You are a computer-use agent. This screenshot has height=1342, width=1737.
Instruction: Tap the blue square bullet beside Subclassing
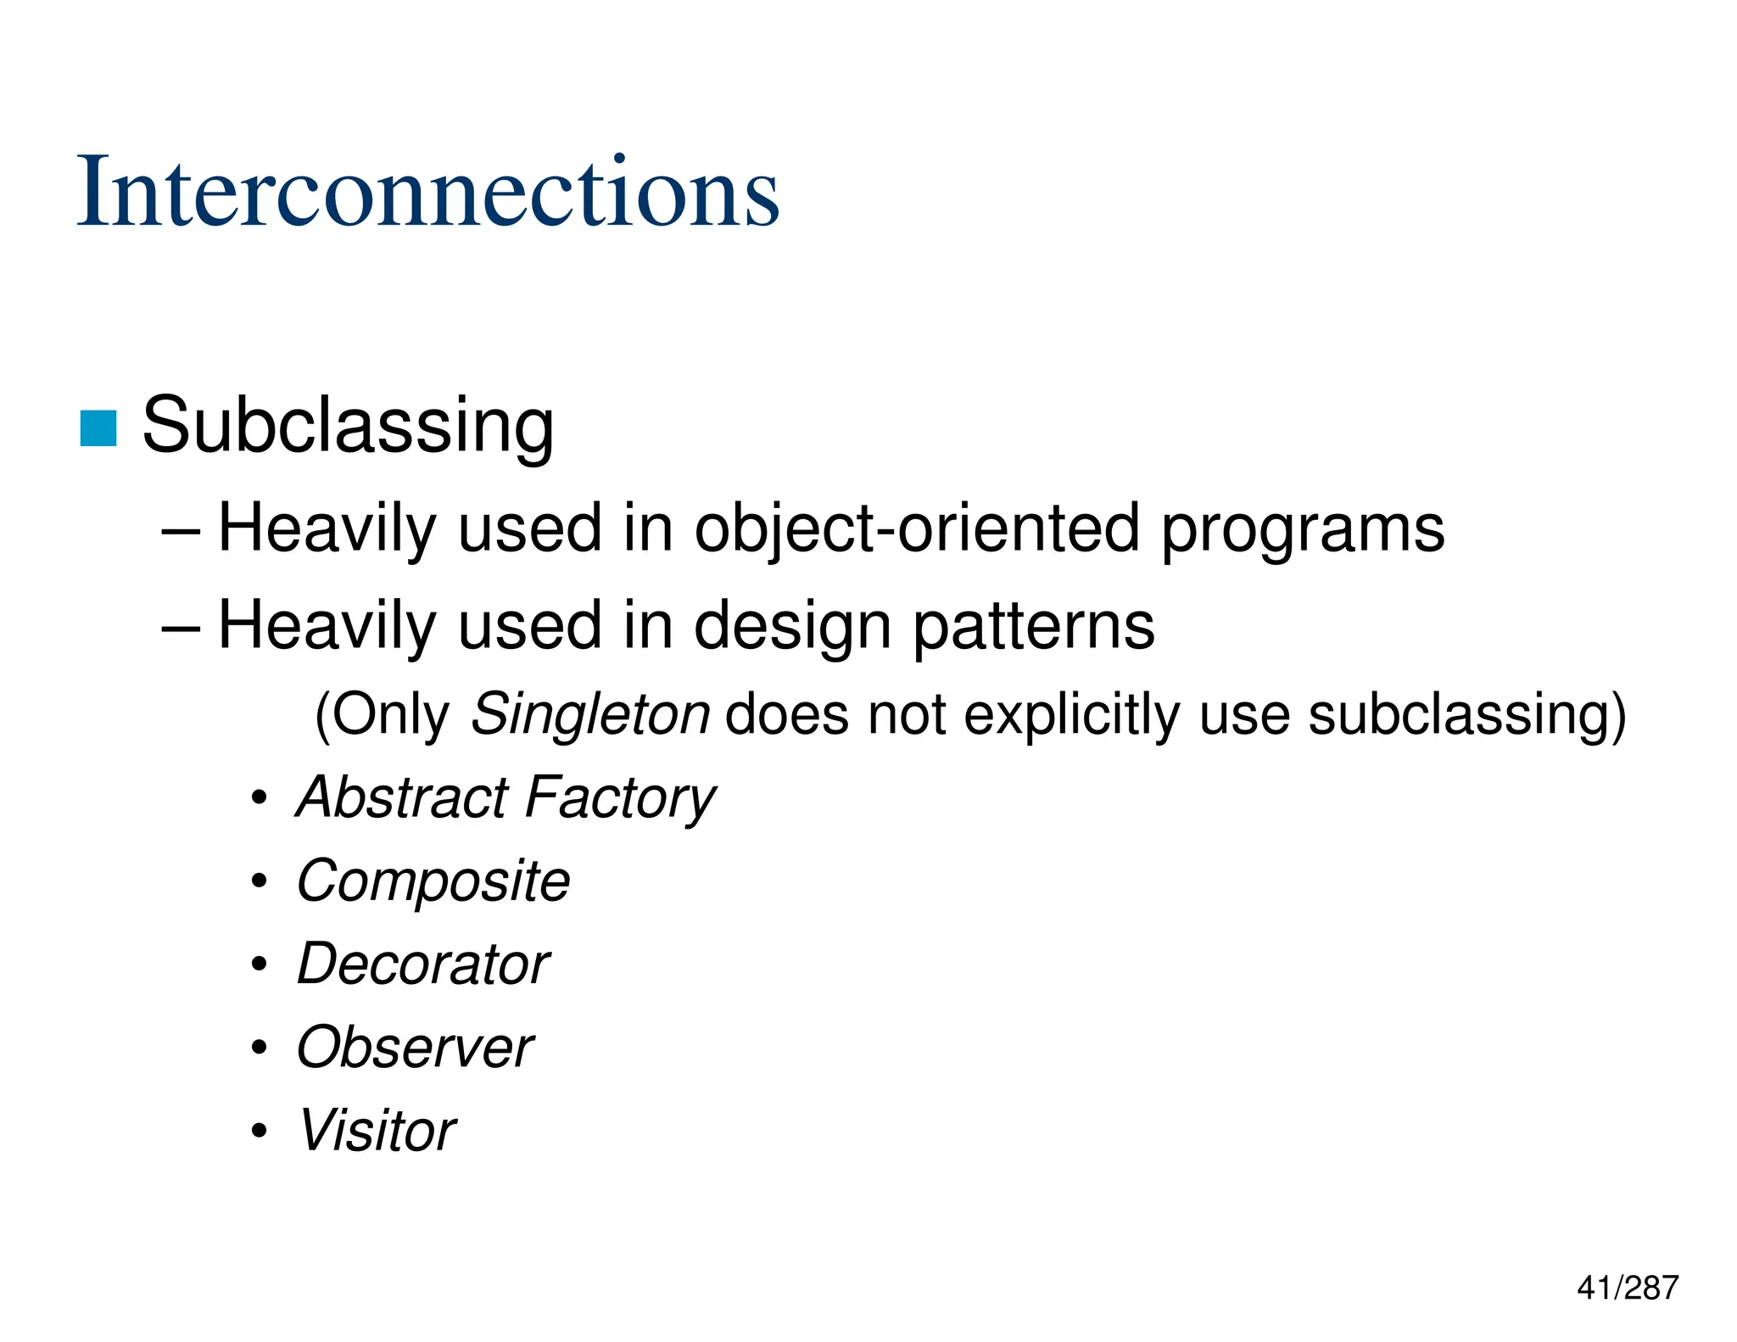98,428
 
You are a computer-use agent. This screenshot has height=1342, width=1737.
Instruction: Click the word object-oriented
917,528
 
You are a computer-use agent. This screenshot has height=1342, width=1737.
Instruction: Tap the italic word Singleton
590,714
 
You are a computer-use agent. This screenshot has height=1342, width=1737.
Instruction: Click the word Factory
620,798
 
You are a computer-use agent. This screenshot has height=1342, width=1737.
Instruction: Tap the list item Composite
433,881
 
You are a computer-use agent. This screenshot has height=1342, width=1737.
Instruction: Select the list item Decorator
423,964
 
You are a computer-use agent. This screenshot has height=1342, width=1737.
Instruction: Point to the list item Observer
415,1047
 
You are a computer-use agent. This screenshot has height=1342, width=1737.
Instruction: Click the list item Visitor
377,1130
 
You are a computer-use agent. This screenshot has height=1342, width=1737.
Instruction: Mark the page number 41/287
1627,1288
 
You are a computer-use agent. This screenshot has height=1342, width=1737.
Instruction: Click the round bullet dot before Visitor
260,1131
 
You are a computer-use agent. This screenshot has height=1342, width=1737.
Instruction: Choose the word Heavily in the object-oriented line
327,528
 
